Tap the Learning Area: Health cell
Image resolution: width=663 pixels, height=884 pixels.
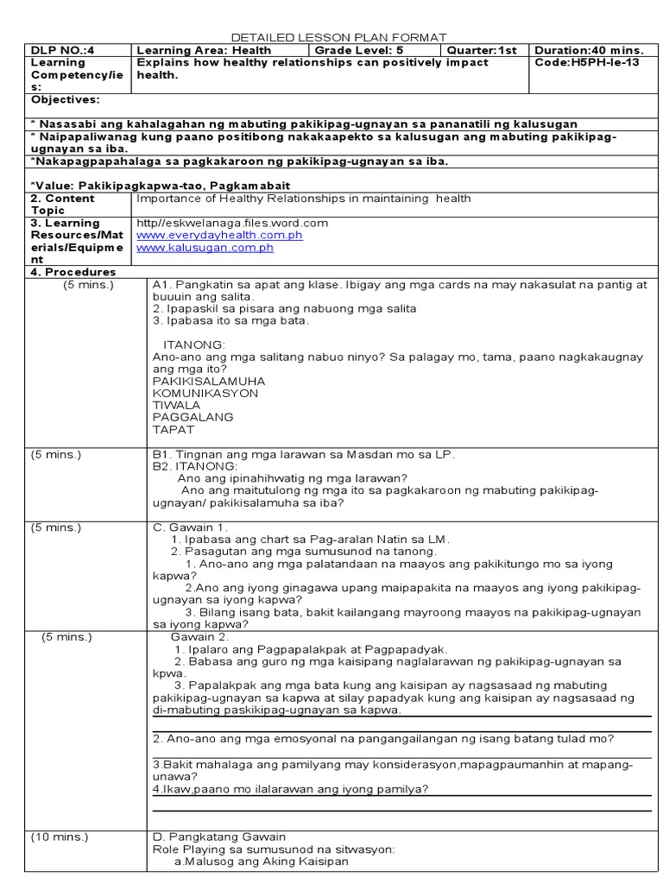204,50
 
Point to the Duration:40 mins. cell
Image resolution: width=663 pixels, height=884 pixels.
589,50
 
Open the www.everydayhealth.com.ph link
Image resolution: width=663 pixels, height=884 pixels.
207,235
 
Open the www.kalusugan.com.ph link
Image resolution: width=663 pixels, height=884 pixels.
205,247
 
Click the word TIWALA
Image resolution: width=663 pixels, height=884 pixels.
176,405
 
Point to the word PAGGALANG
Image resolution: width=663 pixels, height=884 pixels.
186,417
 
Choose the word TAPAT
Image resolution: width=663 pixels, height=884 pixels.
174,429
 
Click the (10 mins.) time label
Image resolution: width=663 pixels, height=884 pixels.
60,837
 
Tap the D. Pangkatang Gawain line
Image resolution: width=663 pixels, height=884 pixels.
218,837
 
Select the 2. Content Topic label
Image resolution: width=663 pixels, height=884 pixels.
61,204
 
